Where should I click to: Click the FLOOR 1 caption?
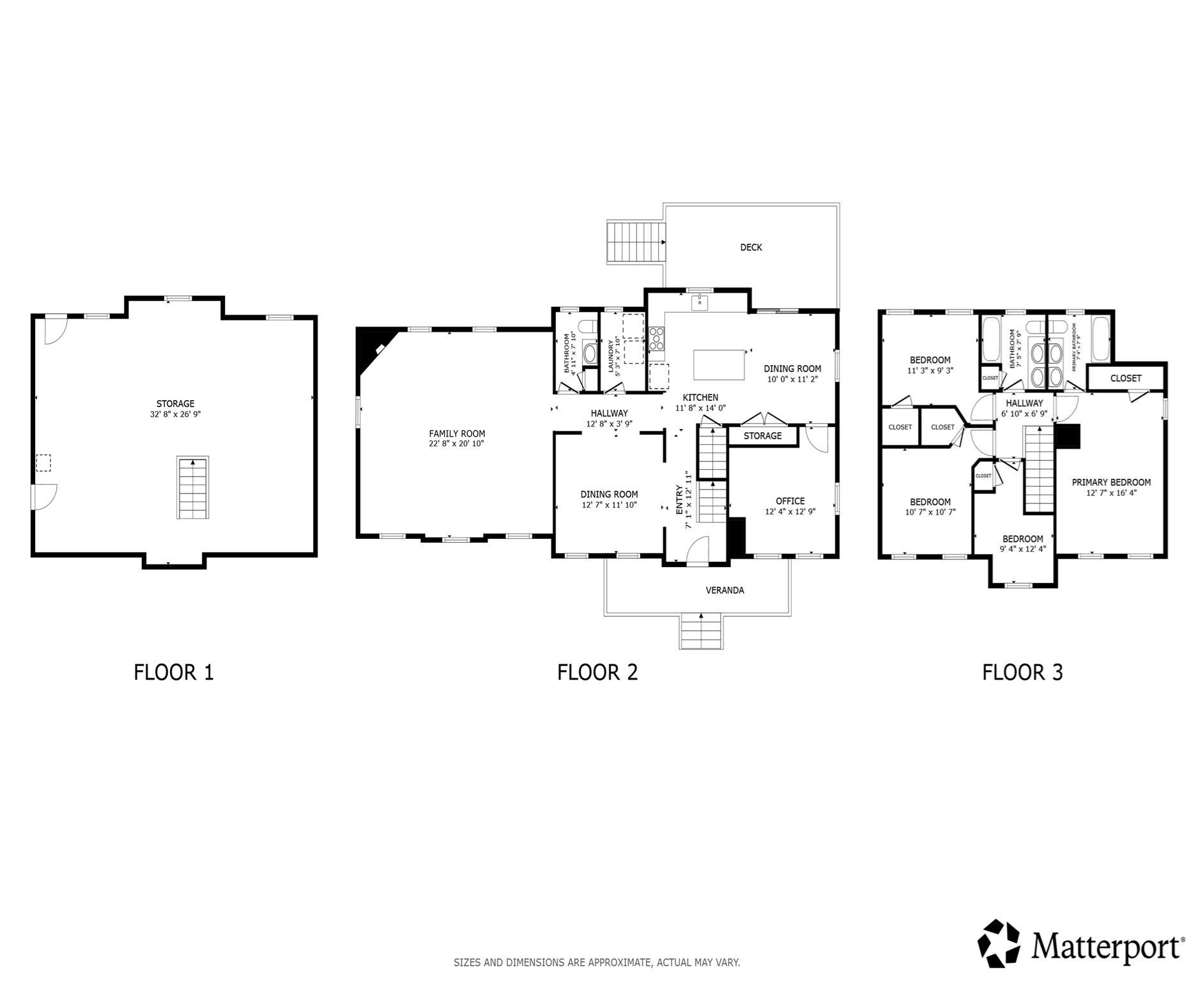tap(173, 673)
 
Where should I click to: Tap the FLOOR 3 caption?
tap(1022, 673)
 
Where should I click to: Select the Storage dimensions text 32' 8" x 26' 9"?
tap(175, 414)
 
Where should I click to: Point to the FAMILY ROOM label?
tap(457, 433)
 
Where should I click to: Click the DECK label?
tap(751, 247)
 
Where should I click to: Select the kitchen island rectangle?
tap(719, 364)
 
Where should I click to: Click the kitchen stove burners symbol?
tap(657, 338)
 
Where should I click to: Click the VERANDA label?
tap(725, 590)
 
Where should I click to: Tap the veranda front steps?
tap(701, 632)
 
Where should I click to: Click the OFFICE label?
tap(790, 501)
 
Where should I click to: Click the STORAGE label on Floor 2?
tap(762, 436)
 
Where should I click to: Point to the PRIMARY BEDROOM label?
tap(1111, 483)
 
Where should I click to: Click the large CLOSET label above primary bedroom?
tap(1125, 378)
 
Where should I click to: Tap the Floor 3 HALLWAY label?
tap(1024, 403)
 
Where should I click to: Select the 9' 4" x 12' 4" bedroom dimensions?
tap(1022, 549)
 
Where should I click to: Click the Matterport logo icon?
tap(1001, 943)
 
